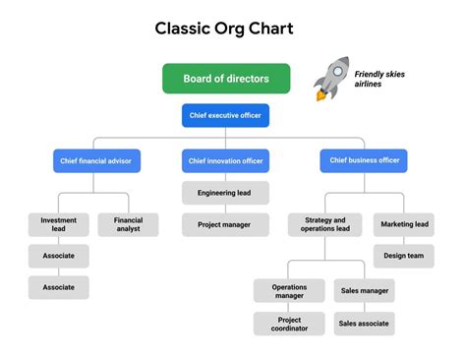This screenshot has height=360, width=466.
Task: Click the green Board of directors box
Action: coord(226,79)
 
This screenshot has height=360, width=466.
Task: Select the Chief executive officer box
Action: coord(225,116)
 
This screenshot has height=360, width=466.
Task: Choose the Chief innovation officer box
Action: coord(225,160)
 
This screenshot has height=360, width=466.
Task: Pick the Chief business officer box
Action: coord(364,160)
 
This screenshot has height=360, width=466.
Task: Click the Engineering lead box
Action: coord(225,193)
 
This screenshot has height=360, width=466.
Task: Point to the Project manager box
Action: coord(225,224)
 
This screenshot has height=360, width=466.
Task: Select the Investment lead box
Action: coord(58,224)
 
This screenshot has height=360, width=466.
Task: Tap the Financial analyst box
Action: coord(128,224)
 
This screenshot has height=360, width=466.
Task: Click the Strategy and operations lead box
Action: coord(325,224)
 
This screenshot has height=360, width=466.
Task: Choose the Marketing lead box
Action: coord(404,224)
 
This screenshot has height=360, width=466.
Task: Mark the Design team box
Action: coord(404,256)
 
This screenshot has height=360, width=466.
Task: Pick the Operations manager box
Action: coord(289,290)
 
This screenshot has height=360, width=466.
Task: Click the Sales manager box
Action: coord(364,290)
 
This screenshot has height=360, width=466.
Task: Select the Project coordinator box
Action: coord(289,324)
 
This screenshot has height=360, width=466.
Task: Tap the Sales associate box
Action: coord(364,324)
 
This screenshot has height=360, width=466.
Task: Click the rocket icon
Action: coord(331,79)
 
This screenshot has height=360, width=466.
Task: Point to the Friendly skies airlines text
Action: coord(379,79)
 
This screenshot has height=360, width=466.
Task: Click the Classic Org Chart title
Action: coord(224,29)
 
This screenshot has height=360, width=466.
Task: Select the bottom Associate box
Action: coord(58,287)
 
